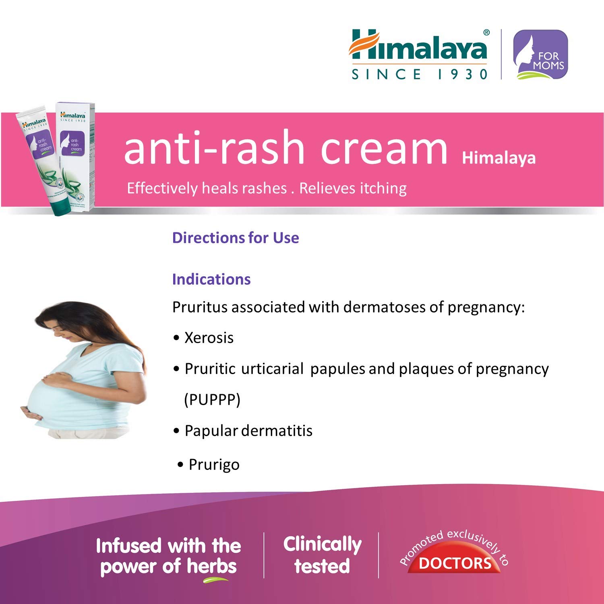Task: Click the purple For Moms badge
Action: coord(540,54)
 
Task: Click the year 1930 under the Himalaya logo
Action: coord(463,74)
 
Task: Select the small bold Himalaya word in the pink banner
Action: coord(499,158)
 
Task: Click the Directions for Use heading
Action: coord(236,238)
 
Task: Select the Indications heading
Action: coord(211,279)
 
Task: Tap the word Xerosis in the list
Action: coord(209,338)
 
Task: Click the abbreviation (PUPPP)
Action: coord(212,400)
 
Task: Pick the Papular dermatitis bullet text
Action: coord(248,431)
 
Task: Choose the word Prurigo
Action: coord(214,465)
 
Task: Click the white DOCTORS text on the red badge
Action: coord(455,563)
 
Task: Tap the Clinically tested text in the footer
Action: coord(322,555)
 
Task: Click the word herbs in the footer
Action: coord(212,566)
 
